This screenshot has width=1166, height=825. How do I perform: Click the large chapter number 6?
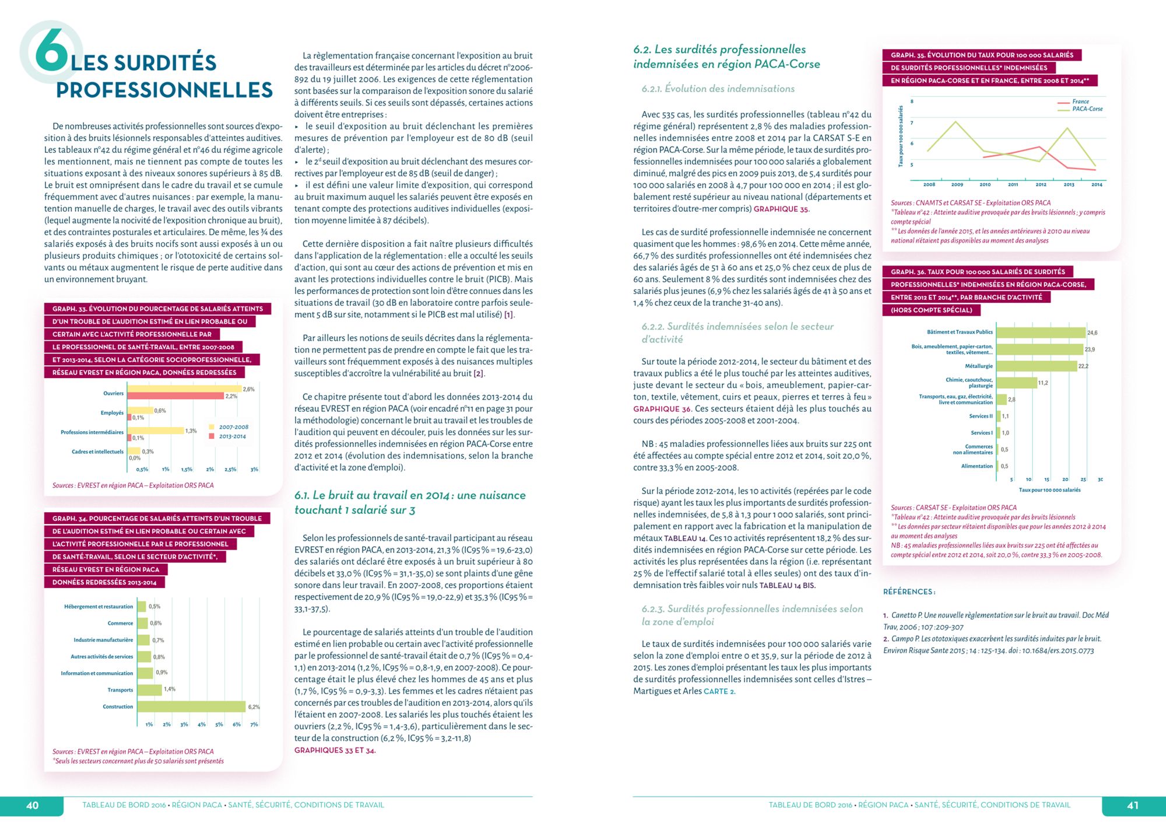51,51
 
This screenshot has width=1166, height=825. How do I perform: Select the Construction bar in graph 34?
191,707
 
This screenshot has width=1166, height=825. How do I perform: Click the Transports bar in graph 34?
149,690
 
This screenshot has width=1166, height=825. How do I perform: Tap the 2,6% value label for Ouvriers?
248,389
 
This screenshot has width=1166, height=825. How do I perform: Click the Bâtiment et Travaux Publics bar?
1041,333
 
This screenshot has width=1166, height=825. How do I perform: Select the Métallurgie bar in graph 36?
1037,366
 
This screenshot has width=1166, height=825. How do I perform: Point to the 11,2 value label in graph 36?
1043,383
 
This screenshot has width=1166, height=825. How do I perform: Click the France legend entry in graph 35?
1080,102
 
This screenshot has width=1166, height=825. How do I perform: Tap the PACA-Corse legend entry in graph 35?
1087,109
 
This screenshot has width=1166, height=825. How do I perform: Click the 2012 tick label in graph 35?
1041,184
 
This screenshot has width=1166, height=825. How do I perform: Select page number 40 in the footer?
33,806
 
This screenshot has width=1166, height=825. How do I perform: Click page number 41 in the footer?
1133,806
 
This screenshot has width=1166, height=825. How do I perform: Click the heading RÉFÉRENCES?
909,592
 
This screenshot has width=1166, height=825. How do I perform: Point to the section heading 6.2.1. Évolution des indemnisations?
718,89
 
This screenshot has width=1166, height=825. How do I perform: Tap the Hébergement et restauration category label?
99,607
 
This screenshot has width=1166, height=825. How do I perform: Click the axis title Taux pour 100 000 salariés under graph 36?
1049,490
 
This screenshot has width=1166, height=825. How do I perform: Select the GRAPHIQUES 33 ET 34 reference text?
335,750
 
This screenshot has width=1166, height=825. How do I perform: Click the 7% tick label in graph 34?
254,725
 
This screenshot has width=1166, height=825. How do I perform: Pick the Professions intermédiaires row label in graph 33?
92,432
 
